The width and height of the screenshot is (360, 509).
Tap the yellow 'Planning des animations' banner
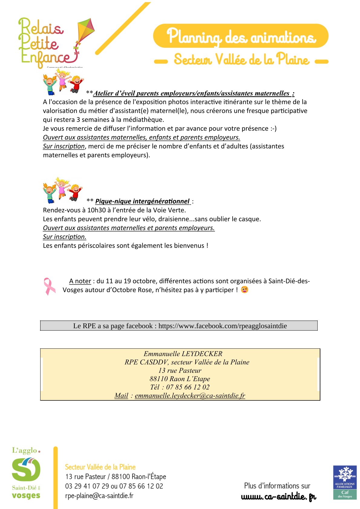pos(241,36)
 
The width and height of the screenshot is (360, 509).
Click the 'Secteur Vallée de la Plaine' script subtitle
pos(241,59)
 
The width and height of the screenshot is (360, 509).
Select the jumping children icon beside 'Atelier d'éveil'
pos(63,82)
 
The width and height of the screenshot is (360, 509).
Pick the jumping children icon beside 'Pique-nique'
pos(62,190)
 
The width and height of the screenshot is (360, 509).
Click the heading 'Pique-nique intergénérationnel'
pos(142,201)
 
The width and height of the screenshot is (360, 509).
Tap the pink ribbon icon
pos(49,286)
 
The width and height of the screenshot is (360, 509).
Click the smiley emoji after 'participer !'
pos(244,290)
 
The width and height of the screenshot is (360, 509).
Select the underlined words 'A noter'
pos(80,281)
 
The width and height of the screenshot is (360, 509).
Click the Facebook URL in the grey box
pos(223,326)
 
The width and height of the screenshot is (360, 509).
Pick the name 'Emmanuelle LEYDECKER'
pos(183,354)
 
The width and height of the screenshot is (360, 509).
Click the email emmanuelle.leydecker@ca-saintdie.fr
pos(190,396)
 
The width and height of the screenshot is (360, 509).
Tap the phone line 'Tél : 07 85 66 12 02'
pos(180,387)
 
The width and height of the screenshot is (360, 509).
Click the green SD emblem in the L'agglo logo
pos(26,469)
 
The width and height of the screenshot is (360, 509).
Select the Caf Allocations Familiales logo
pos(345,482)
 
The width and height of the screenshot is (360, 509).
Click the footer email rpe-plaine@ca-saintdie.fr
pos(99,496)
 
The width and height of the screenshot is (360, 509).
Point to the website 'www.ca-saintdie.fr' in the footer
pos(279,497)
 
